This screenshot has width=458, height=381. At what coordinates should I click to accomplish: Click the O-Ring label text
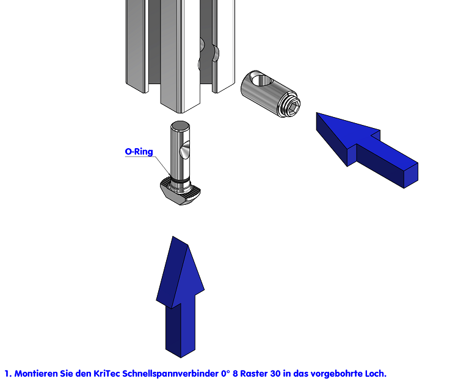(139, 152)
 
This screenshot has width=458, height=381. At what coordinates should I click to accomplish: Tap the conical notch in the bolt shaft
(186, 149)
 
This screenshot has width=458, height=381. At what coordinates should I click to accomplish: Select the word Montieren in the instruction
(36, 373)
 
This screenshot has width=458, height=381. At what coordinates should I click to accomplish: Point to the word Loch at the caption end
(374, 373)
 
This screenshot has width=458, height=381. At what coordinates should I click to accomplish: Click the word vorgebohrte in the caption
(335, 373)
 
